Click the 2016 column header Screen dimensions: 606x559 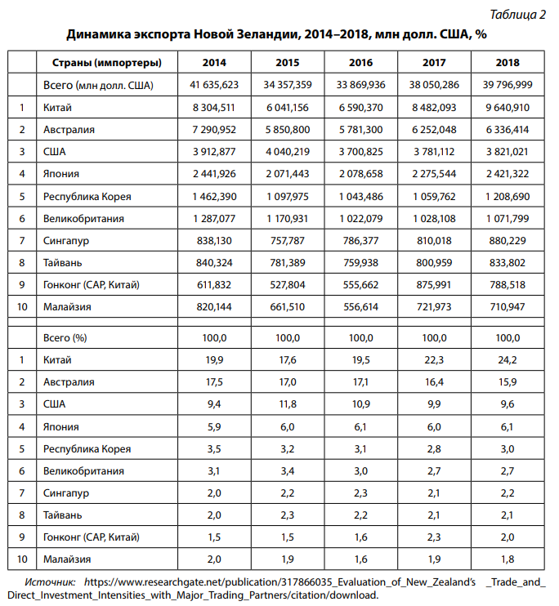(361, 63)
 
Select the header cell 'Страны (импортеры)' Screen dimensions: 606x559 (106, 63)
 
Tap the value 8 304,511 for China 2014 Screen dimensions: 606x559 (214, 107)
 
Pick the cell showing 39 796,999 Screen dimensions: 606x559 (508, 85)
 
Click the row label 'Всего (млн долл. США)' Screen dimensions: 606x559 (98, 85)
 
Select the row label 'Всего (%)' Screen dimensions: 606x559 (65, 337)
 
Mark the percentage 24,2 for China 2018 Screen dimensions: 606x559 (508, 359)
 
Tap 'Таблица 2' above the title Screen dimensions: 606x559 (519, 15)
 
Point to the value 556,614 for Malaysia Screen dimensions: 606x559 (361, 306)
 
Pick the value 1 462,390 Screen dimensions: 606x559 (214, 196)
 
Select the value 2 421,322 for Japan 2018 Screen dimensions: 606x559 (508, 173)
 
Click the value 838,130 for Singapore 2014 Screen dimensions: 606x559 (214, 240)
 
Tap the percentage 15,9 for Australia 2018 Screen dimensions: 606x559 (508, 381)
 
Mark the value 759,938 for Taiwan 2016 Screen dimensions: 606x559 (361, 262)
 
